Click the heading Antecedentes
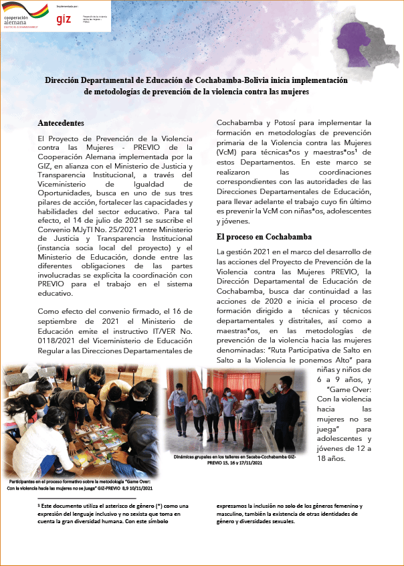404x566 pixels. click(x=61, y=124)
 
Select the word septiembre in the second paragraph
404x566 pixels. click(x=63, y=322)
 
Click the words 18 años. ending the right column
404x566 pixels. click(x=332, y=459)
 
